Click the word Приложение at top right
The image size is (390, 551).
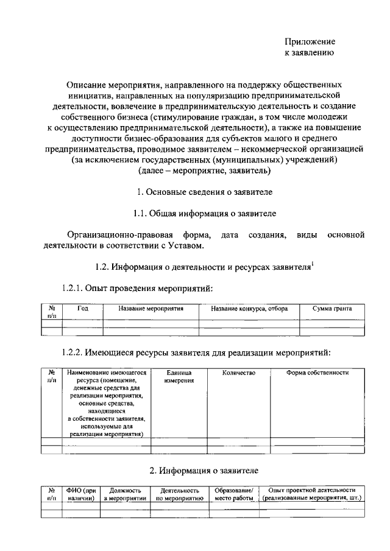point(310,42)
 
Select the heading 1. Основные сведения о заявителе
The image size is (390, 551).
point(204,192)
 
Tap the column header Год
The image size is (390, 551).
point(83,309)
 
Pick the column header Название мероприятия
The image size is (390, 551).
point(151,309)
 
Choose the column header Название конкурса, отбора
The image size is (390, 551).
point(249,309)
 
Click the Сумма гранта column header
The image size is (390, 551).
point(332,309)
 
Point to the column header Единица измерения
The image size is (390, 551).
point(179,376)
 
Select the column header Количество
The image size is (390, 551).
point(238,373)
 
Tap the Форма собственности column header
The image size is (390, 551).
point(317,373)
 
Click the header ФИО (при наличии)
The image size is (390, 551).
point(81,494)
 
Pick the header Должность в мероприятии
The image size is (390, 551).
point(125,494)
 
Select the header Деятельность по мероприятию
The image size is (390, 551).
point(179,494)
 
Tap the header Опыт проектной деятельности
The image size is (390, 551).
point(312,490)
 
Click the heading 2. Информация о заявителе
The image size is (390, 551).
point(204,470)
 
